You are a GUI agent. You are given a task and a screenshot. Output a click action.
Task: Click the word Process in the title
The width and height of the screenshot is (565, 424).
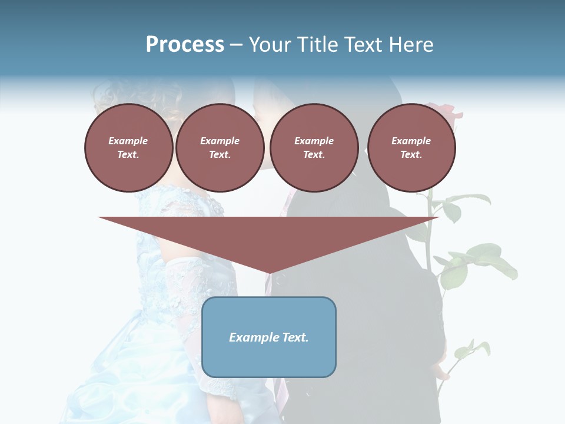point(185,45)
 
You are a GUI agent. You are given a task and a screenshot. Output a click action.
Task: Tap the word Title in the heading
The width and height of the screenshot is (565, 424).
point(318,45)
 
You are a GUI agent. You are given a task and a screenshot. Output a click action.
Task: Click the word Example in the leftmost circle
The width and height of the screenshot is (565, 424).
point(128,141)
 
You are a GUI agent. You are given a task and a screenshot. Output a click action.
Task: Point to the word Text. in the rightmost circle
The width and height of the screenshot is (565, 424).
point(411,154)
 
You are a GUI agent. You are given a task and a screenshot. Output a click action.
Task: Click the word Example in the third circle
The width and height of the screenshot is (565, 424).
point(314,141)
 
